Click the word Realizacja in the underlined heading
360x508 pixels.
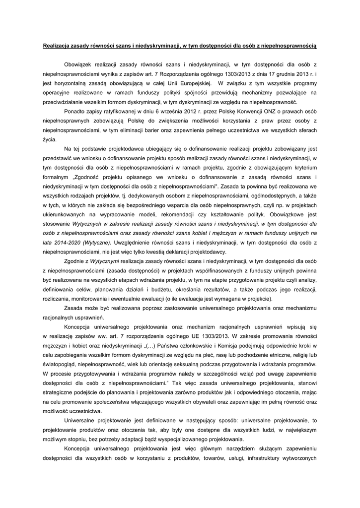coord(57,46)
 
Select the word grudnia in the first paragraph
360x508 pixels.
coord(286,73)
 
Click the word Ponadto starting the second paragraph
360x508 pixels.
coord(75,111)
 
